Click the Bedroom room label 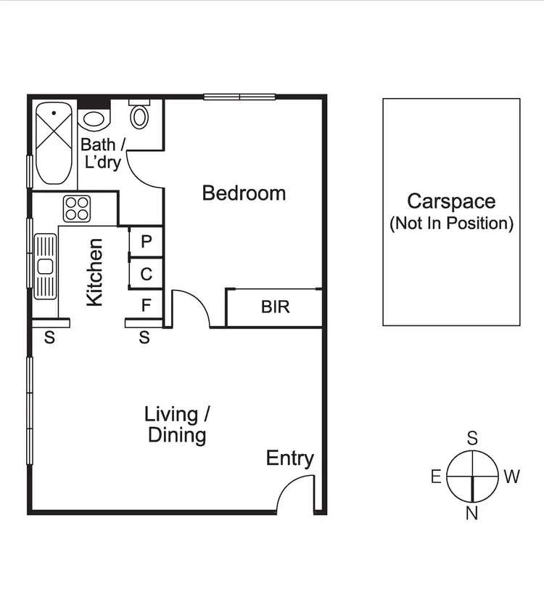244,193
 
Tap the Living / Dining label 177,425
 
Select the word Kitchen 95,272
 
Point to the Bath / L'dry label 102,153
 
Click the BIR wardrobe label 275,307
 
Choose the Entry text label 289,458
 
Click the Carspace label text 450,201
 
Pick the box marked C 146,275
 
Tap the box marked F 146,305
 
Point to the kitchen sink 45,266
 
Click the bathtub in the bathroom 54,143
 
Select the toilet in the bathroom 139,115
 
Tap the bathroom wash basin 94,118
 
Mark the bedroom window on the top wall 239,96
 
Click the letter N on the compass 471,514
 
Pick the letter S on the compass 471,438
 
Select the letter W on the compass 511,477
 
